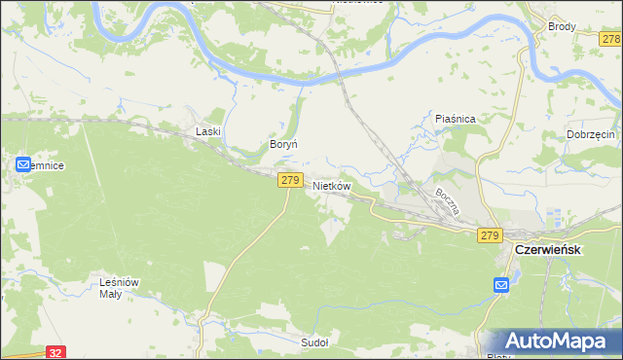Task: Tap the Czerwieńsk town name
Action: (x=548, y=249)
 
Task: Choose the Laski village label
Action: (x=209, y=131)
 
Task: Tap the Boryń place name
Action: (x=282, y=144)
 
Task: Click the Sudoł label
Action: (x=314, y=342)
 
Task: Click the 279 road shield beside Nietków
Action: (x=290, y=180)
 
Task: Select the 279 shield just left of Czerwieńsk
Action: (x=489, y=235)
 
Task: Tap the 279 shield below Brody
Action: (x=610, y=38)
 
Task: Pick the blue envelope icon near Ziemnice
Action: (x=24, y=165)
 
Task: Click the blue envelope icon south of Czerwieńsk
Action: (x=501, y=285)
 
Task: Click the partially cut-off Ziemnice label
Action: (x=49, y=166)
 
